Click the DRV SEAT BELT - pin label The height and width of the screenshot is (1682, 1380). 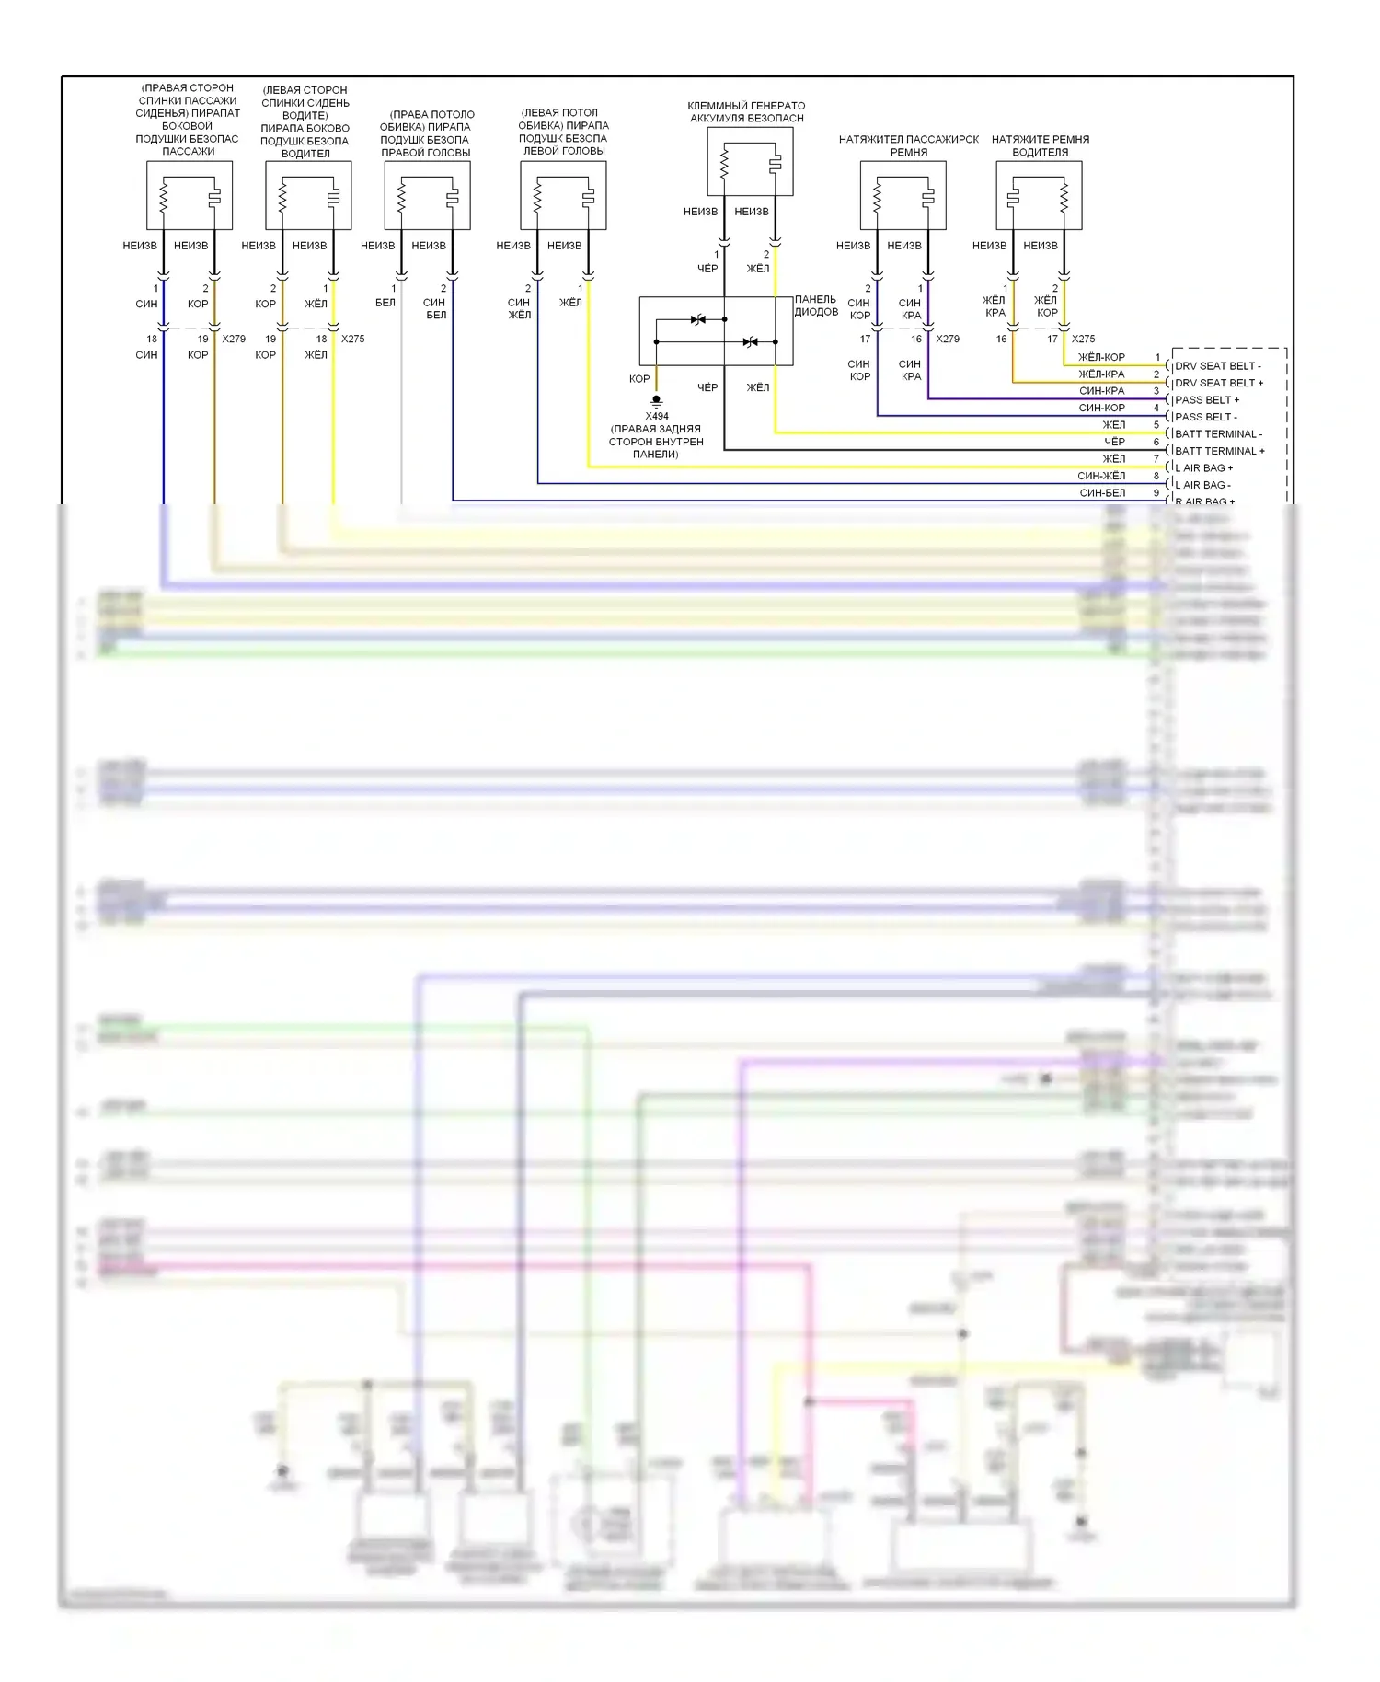(x=1217, y=366)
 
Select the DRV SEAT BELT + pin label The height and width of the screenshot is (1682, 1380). (x=1218, y=383)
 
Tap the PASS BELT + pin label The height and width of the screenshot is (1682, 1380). (x=1206, y=400)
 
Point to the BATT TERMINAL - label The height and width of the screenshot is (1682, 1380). (x=1218, y=434)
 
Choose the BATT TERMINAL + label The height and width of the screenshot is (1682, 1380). (x=1219, y=451)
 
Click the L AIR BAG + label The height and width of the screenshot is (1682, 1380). (x=1203, y=468)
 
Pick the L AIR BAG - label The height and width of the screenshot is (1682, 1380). (x=1202, y=485)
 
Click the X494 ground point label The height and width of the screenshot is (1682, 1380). (x=657, y=416)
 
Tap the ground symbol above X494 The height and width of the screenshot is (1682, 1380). (x=656, y=401)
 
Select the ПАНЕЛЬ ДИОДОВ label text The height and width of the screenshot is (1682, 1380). (x=816, y=305)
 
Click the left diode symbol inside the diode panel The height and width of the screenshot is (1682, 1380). (x=698, y=319)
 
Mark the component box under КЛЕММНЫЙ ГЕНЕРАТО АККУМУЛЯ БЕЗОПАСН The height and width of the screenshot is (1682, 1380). (x=750, y=162)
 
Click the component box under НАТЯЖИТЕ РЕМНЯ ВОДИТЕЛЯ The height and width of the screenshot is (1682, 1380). (x=1039, y=195)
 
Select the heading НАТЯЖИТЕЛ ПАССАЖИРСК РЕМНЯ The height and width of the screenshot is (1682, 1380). (x=908, y=145)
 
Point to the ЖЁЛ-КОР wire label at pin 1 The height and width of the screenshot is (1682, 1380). (x=1101, y=357)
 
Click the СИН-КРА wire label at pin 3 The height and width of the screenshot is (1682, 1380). (x=1101, y=391)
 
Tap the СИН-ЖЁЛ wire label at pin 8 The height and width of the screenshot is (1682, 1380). (x=1101, y=476)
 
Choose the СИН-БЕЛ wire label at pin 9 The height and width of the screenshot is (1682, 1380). (x=1102, y=493)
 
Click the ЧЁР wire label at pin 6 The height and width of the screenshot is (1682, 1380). (x=1114, y=442)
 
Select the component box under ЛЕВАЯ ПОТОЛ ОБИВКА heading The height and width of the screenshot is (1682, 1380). (x=563, y=195)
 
